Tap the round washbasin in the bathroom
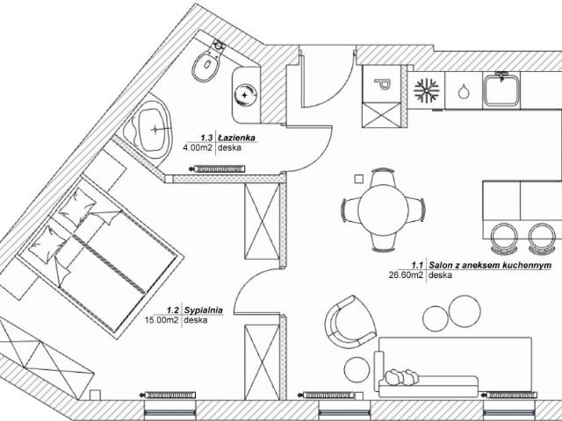246,95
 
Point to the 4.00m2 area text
198,147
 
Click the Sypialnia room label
203,310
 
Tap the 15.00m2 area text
162,320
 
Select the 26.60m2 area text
406,275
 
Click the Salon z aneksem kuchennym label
490,266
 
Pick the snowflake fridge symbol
427,89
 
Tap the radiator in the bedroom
168,396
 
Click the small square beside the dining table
358,179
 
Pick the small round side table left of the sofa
357,370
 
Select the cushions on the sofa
400,377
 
